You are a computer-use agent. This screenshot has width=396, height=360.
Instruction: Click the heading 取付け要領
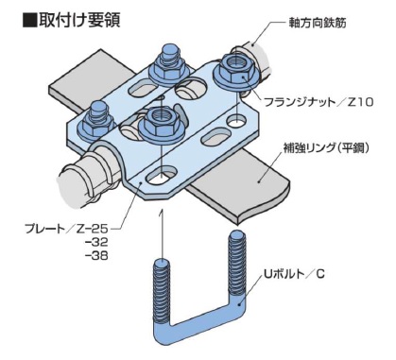79,20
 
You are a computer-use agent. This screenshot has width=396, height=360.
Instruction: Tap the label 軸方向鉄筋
318,23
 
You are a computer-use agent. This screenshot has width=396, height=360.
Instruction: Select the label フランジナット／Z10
319,102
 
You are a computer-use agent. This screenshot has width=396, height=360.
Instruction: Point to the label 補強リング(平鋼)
326,147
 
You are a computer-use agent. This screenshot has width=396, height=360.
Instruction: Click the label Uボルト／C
294,274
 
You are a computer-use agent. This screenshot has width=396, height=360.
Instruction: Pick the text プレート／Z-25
66,229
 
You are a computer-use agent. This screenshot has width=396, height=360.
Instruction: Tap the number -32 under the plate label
96,242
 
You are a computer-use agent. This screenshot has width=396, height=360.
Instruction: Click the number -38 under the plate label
96,255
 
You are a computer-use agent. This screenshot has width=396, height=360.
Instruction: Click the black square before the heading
29,20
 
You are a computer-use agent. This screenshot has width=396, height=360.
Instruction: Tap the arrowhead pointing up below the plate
162,212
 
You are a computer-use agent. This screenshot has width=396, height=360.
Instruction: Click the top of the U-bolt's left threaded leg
162,263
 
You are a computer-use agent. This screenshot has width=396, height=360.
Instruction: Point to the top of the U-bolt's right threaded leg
236,236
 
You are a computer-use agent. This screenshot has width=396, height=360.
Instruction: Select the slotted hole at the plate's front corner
162,177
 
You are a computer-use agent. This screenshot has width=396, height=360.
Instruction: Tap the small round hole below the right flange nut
237,120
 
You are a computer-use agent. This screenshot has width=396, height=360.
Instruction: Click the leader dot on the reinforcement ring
259,180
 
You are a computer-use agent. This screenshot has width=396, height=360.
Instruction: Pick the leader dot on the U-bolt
241,303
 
